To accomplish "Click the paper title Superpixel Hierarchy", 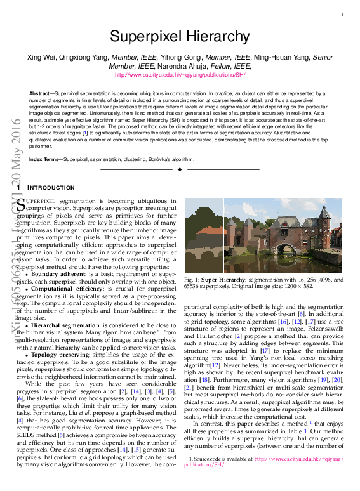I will [180, 36].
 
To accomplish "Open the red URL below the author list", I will [180, 74].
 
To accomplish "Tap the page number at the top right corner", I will [342, 14].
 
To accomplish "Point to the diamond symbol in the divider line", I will [180, 170].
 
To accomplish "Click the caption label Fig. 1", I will [191, 280].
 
